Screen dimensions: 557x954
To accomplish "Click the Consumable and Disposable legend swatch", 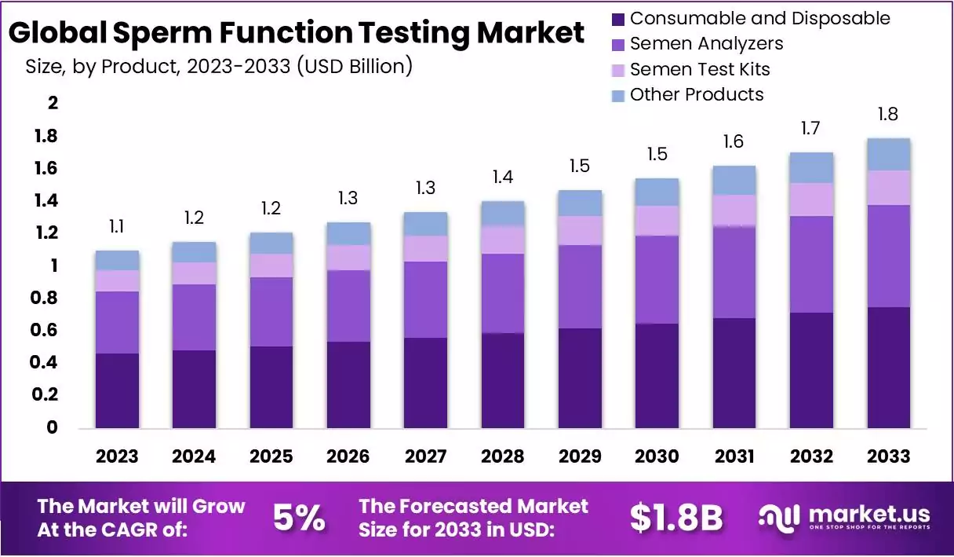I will click(x=617, y=18).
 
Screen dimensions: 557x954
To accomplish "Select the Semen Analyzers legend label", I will click(x=706, y=43).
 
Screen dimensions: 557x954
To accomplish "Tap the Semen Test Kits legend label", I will click(x=700, y=69).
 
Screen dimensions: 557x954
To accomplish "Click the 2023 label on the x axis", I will click(x=117, y=456).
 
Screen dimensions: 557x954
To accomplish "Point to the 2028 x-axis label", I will click(x=503, y=456).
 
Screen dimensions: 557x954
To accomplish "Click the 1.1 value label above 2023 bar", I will click(x=116, y=227).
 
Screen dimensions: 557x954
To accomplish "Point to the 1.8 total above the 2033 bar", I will click(x=889, y=115).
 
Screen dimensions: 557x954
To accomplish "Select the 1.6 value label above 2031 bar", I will click(x=734, y=141).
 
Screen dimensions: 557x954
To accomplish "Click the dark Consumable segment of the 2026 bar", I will click(x=348, y=384).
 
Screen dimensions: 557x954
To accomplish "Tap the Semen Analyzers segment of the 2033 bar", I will click(x=889, y=256).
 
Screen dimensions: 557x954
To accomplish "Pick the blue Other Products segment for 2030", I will click(x=657, y=192).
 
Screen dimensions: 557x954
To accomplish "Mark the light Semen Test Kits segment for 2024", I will click(x=194, y=273).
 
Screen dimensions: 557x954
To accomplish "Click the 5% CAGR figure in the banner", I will click(x=299, y=518).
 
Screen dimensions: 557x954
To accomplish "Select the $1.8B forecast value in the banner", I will click(x=675, y=518).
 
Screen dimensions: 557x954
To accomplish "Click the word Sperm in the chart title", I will click(x=164, y=33).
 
